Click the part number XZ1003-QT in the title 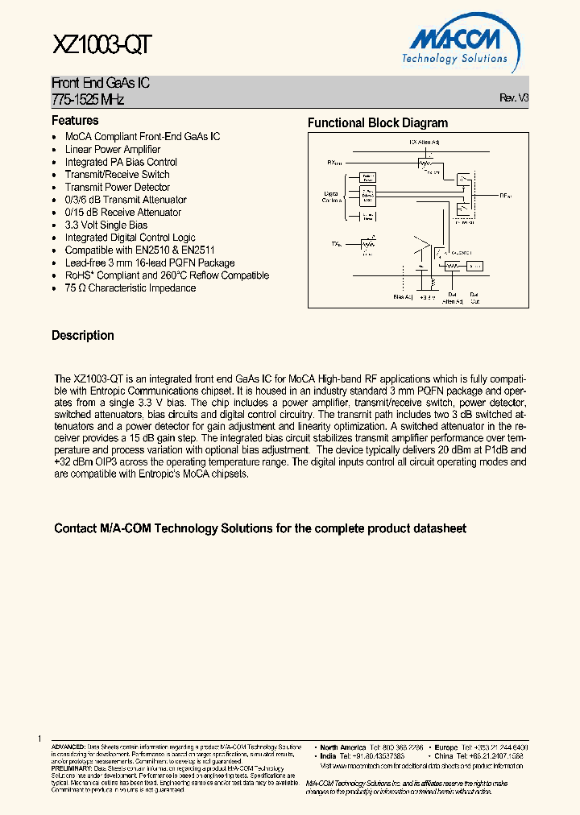point(101,45)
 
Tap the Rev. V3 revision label point(514,97)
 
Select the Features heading point(75,121)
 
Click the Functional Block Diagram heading point(378,123)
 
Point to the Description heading point(83,336)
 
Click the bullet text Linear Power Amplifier point(113,149)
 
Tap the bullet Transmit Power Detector point(118,187)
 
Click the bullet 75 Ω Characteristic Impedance point(130,288)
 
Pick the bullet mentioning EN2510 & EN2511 point(139,250)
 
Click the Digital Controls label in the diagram point(331,197)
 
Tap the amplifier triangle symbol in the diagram point(423,251)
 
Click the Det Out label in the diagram point(474,298)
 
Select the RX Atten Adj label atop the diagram point(424,143)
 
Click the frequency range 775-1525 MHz point(88,99)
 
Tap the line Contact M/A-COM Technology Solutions point(259,529)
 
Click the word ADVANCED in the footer point(68,747)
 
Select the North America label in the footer point(342,747)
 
